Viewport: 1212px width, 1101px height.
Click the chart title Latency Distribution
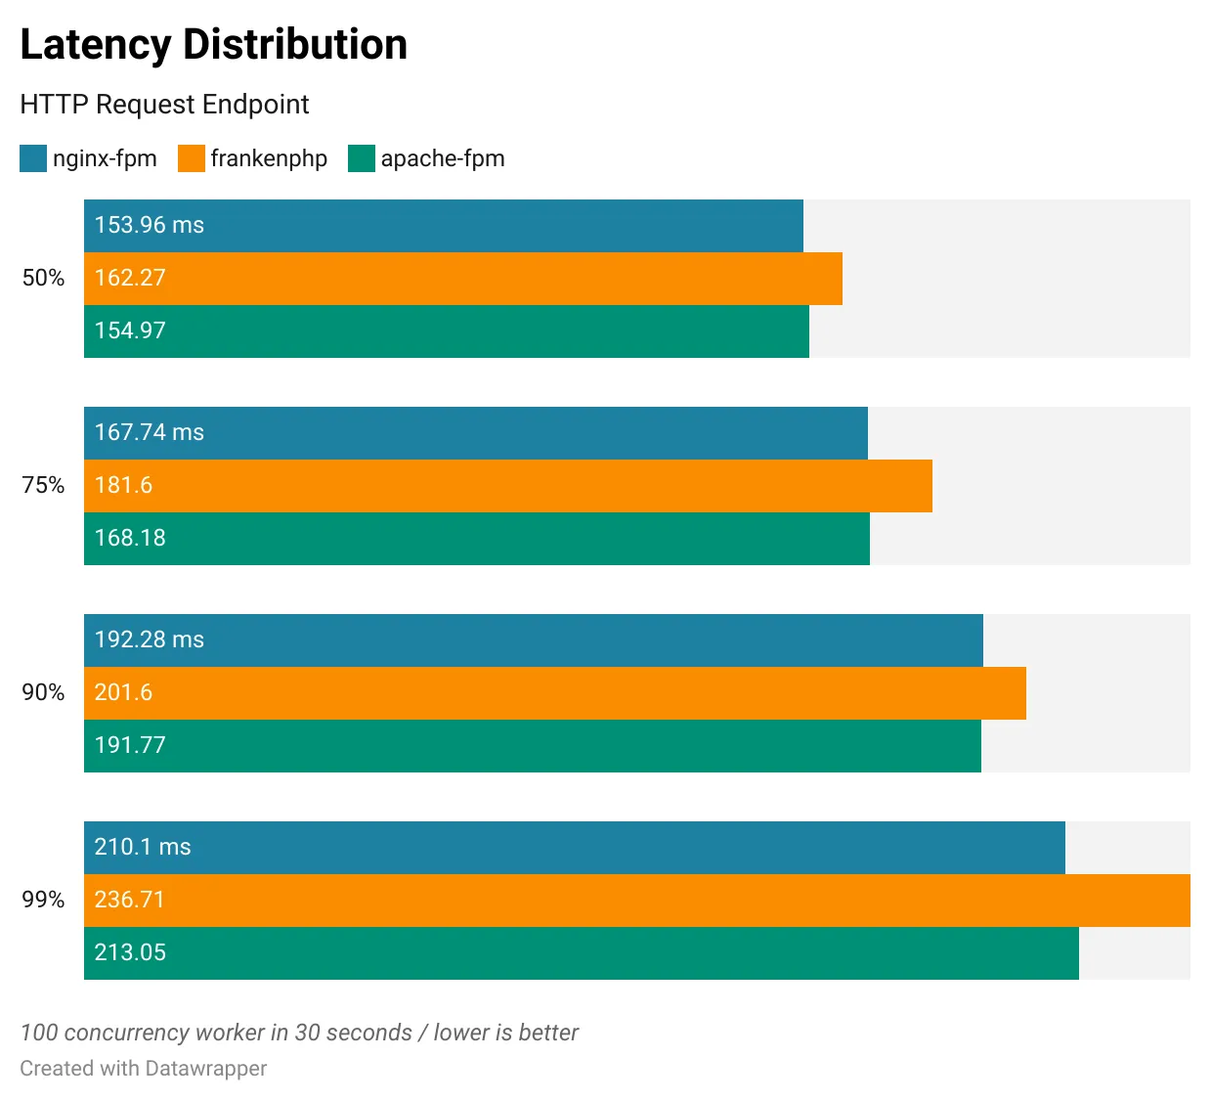click(213, 45)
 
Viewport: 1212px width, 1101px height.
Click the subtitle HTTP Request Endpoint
click(164, 105)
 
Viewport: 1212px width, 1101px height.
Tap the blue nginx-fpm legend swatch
click(33, 158)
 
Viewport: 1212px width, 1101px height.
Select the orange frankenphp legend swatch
click(192, 158)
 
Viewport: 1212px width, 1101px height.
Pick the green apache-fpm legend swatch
click(362, 158)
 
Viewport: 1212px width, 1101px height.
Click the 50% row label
click(43, 279)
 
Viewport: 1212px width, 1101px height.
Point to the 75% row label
click(43, 486)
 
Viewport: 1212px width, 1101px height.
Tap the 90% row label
click(43, 693)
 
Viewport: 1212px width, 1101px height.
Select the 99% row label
click(43, 901)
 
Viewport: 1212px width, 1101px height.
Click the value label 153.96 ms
click(149, 226)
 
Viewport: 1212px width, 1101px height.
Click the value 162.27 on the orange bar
click(130, 279)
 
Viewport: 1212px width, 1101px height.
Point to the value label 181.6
click(123, 486)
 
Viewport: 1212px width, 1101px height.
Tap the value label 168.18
click(130, 539)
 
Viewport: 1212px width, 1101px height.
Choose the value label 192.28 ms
click(149, 640)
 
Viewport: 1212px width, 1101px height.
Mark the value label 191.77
click(130, 746)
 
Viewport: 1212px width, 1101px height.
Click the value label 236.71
click(130, 901)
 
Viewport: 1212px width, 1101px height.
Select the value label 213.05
click(130, 953)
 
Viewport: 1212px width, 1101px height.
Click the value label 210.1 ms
click(143, 848)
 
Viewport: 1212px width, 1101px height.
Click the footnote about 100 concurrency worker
click(299, 1033)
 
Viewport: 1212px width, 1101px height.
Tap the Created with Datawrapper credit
click(143, 1069)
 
